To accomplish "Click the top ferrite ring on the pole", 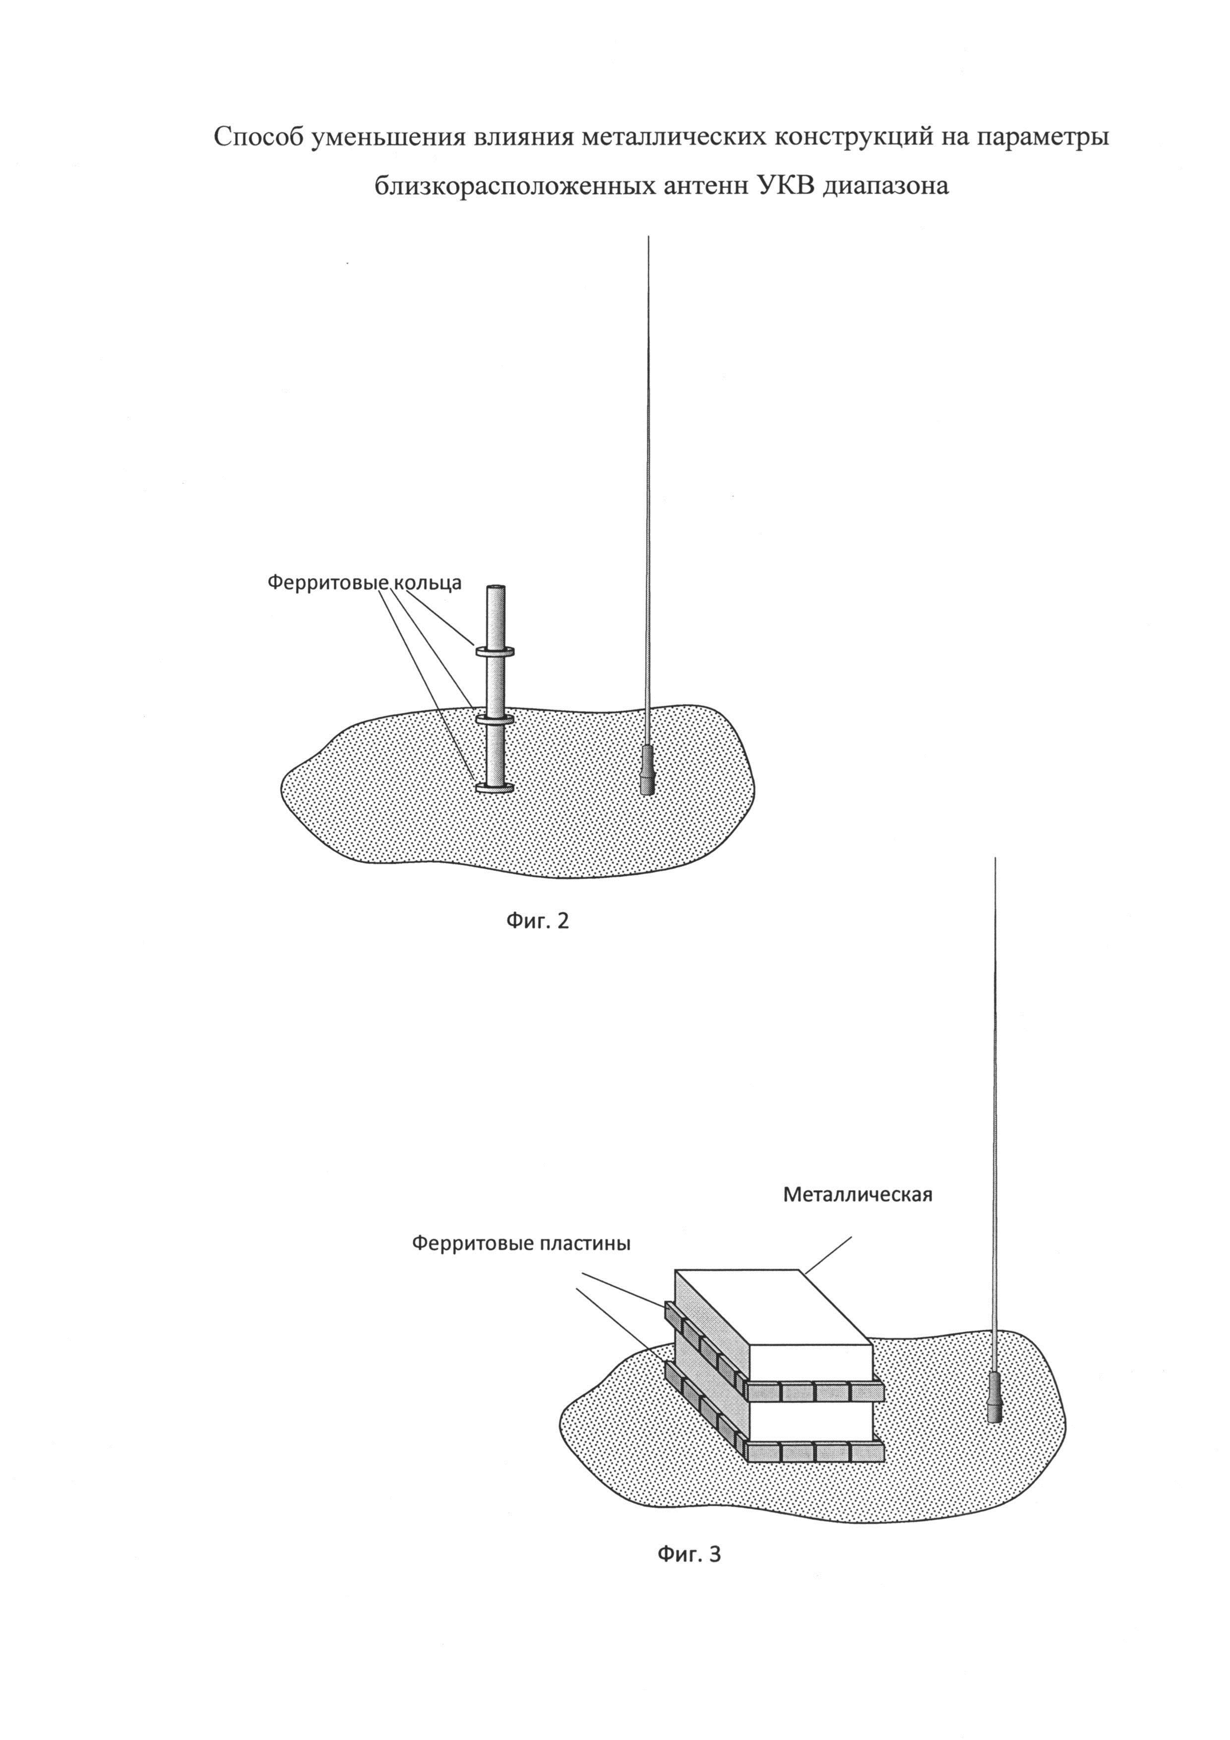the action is (495, 650).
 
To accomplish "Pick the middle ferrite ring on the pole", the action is (495, 717).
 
